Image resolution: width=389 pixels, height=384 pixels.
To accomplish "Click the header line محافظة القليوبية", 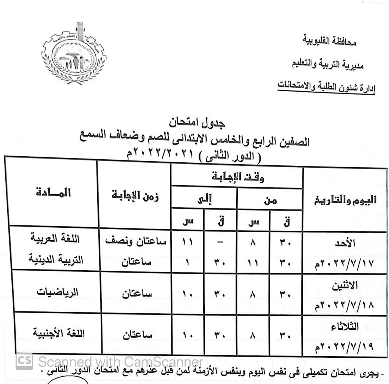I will (x=330, y=41).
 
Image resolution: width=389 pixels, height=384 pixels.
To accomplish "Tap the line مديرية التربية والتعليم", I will (x=327, y=64).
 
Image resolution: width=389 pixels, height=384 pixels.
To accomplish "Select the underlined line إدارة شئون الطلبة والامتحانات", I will (x=326, y=86).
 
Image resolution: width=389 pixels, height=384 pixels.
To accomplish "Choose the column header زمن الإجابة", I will (x=135, y=197).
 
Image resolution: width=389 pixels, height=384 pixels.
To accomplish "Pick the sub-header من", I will (x=270, y=200).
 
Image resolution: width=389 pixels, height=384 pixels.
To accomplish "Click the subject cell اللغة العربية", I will (x=56, y=240).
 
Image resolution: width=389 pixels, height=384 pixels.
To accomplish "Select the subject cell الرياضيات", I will (x=57, y=292).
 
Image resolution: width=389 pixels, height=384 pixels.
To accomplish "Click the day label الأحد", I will (x=346, y=243).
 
